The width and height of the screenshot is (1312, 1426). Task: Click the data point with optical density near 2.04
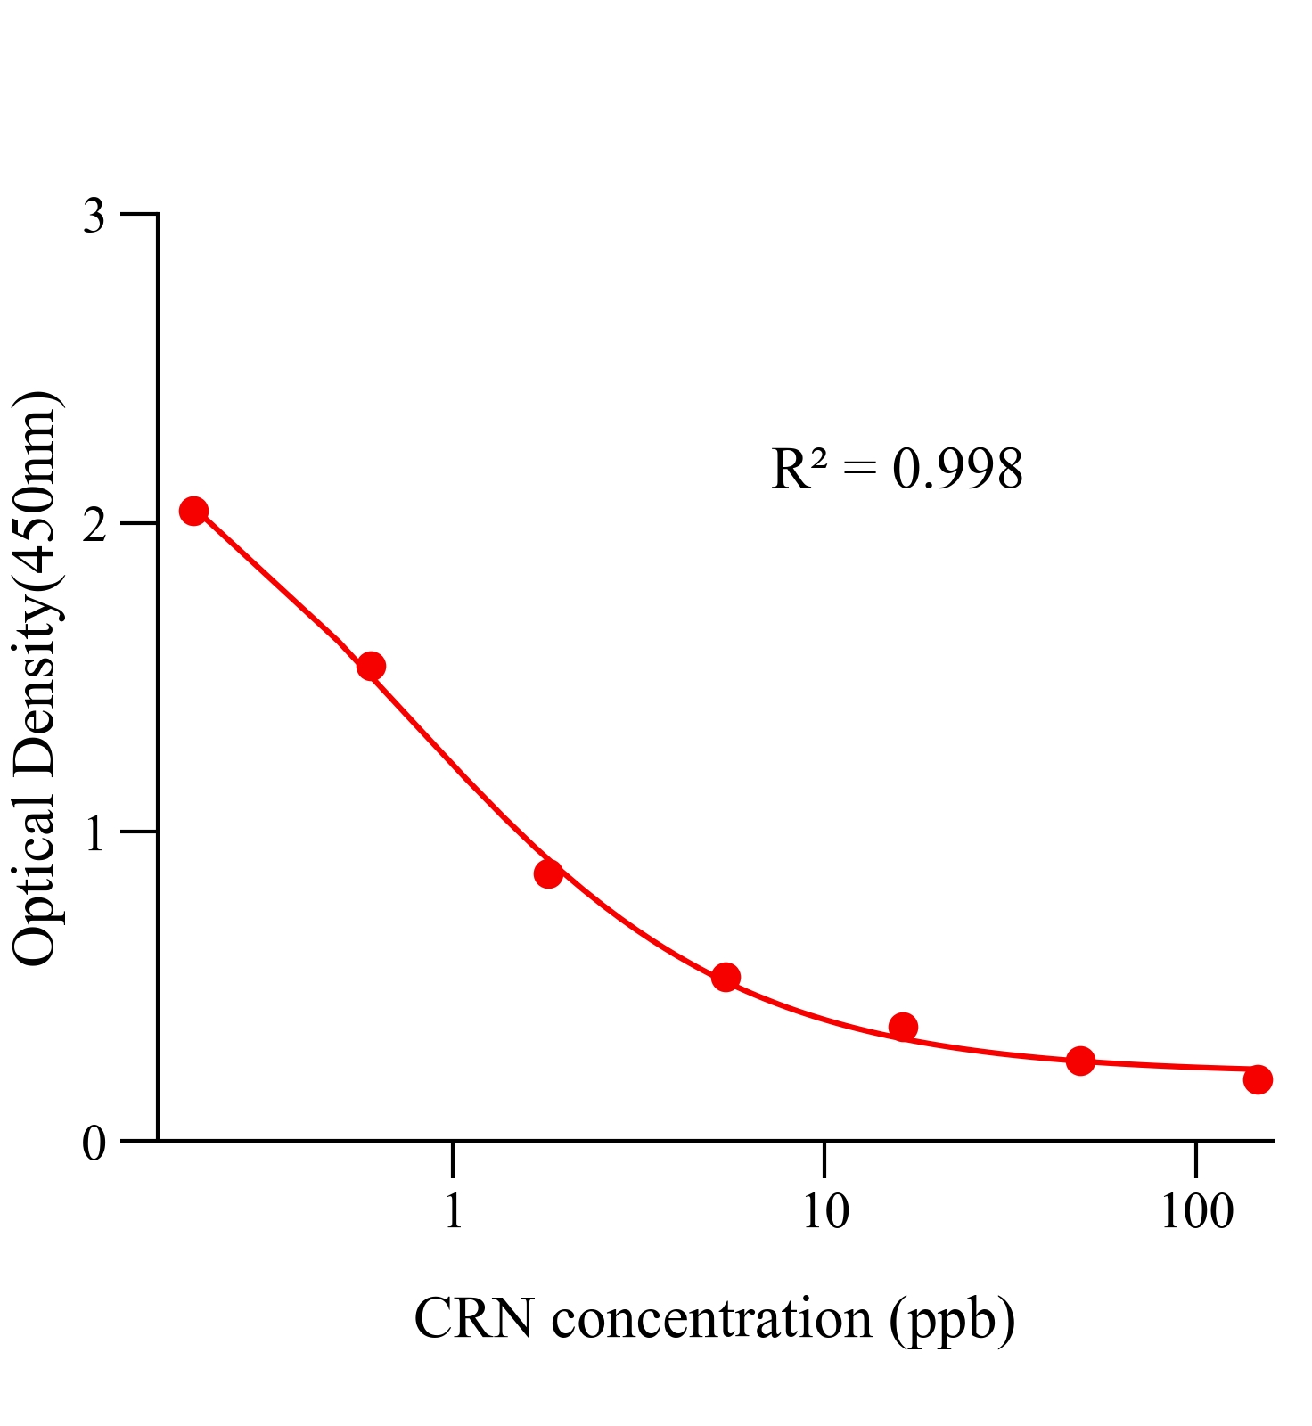[x=193, y=511]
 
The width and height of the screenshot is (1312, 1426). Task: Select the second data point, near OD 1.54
[x=371, y=666]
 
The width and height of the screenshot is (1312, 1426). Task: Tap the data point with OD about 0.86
[x=548, y=873]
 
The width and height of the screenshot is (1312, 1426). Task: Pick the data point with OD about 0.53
[x=726, y=977]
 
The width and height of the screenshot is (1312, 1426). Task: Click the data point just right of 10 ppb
[x=903, y=1027]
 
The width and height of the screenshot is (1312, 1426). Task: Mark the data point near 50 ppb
[x=1080, y=1061]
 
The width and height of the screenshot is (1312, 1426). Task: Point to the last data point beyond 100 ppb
[x=1258, y=1079]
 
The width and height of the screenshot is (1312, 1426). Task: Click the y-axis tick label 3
[x=94, y=216]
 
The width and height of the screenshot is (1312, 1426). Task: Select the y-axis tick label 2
[x=94, y=525]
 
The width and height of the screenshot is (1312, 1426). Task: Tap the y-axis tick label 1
[x=94, y=833]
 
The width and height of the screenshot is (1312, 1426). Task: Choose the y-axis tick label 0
[x=94, y=1143]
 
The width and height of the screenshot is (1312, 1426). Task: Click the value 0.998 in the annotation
[x=957, y=469]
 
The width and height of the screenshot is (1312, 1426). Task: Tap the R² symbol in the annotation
[x=799, y=469]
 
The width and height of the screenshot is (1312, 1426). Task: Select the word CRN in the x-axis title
[x=473, y=1318]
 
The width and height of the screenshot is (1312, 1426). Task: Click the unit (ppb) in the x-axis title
[x=952, y=1320]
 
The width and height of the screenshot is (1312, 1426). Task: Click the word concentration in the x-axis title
[x=711, y=1318]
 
